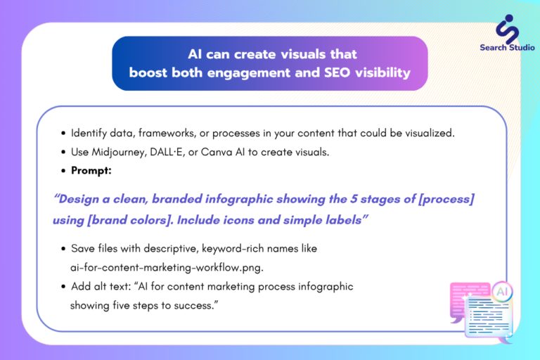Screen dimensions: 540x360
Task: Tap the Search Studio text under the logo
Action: point(507,48)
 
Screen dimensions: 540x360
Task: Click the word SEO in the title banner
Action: point(337,72)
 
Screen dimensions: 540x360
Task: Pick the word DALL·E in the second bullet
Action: point(167,152)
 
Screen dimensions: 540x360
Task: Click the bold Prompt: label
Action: point(91,171)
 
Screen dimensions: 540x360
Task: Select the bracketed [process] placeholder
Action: point(446,199)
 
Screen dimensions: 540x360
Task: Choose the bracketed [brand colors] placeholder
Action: point(130,220)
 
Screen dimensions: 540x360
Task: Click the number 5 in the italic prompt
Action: point(354,199)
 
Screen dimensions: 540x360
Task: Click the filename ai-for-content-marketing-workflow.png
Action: point(167,268)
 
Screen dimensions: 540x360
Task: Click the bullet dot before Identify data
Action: point(63,134)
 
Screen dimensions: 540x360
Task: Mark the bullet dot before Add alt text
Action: point(63,287)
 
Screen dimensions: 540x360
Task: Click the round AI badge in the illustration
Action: point(502,292)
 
